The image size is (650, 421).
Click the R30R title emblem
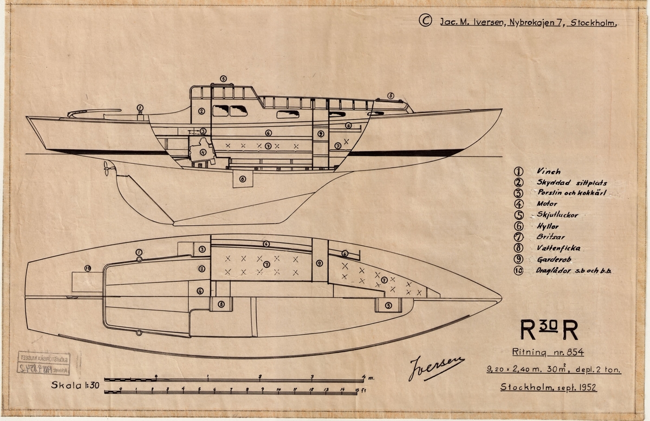(549, 328)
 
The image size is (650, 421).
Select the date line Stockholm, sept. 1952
(549, 387)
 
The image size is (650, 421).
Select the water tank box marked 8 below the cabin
(243, 179)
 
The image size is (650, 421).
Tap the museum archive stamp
(44, 363)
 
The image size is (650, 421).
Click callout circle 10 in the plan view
(87, 268)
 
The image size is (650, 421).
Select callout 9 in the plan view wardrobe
(319, 263)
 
